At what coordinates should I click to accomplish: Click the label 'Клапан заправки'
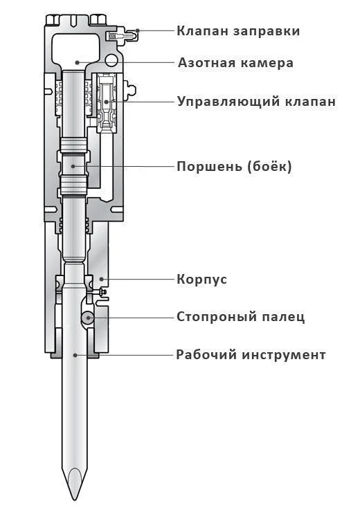[237, 31]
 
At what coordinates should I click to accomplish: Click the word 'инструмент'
[283, 355]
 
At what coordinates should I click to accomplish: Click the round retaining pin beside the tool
[87, 318]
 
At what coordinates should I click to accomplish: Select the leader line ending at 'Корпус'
[138, 280]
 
